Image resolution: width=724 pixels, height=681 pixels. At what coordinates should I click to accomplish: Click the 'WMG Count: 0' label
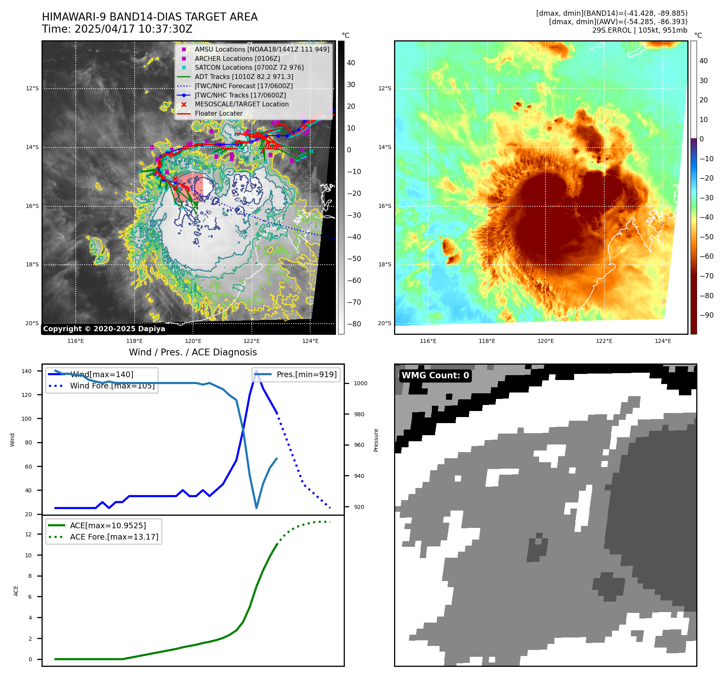click(435, 376)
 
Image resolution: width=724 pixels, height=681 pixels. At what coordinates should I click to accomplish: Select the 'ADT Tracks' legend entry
click(244, 77)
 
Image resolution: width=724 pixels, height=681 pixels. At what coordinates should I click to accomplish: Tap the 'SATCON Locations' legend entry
click(249, 67)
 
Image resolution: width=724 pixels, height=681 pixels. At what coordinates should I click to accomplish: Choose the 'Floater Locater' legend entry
click(218, 114)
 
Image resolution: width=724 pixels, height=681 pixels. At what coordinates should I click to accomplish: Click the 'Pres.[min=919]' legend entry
click(306, 374)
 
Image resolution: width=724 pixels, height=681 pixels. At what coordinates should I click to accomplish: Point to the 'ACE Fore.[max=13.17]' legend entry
click(114, 537)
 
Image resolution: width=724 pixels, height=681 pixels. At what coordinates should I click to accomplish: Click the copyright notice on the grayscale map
click(104, 329)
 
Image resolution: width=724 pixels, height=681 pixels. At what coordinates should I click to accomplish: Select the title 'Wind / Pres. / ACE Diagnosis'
click(193, 352)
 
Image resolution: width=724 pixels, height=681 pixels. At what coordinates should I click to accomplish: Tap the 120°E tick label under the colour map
click(546, 341)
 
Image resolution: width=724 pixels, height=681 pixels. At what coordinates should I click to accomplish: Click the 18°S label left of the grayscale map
click(32, 265)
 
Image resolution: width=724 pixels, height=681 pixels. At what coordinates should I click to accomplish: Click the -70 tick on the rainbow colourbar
click(706, 276)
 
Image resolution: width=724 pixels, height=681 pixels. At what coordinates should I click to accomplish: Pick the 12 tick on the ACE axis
click(28, 534)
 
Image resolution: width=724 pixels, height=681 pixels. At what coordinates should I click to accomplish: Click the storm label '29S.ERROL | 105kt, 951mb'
click(639, 30)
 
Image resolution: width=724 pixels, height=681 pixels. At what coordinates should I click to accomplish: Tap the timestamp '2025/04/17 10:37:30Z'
click(133, 29)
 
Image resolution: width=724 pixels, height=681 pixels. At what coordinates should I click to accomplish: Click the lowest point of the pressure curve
click(257, 508)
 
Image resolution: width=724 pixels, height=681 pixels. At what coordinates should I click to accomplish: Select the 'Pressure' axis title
click(376, 440)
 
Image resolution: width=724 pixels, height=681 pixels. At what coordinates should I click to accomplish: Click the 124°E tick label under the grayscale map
click(310, 341)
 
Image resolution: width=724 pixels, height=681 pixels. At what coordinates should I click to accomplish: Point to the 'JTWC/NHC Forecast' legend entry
click(243, 86)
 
